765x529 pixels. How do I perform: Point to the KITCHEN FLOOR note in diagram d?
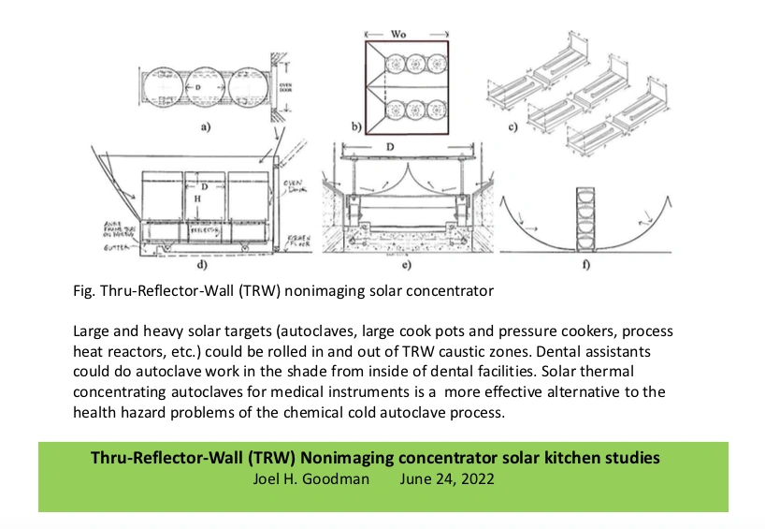[298, 240]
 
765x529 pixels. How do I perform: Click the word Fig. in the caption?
[83, 291]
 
